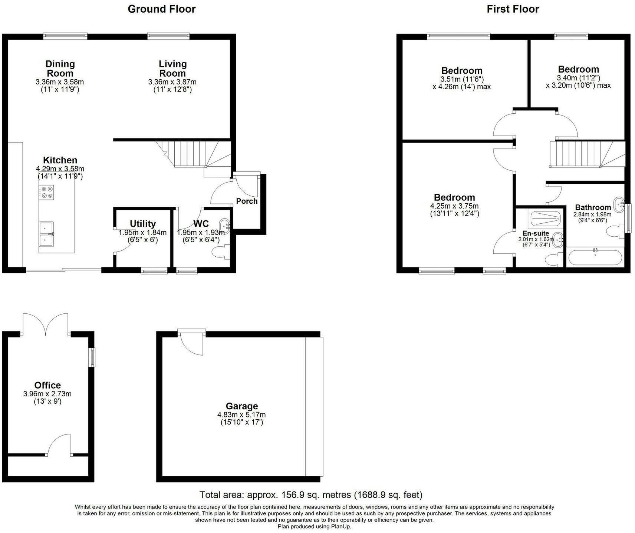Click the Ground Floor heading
162,9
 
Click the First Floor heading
513,9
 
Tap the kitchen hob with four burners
46,192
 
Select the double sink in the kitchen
46,234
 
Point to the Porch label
247,201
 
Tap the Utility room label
143,224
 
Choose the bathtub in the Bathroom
595,257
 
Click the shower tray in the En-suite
545,219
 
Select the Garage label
241,406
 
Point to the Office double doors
46,323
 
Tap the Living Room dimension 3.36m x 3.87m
172,82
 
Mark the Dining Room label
60,69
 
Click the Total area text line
311,495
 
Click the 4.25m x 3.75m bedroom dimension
454,206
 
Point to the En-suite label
536,233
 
